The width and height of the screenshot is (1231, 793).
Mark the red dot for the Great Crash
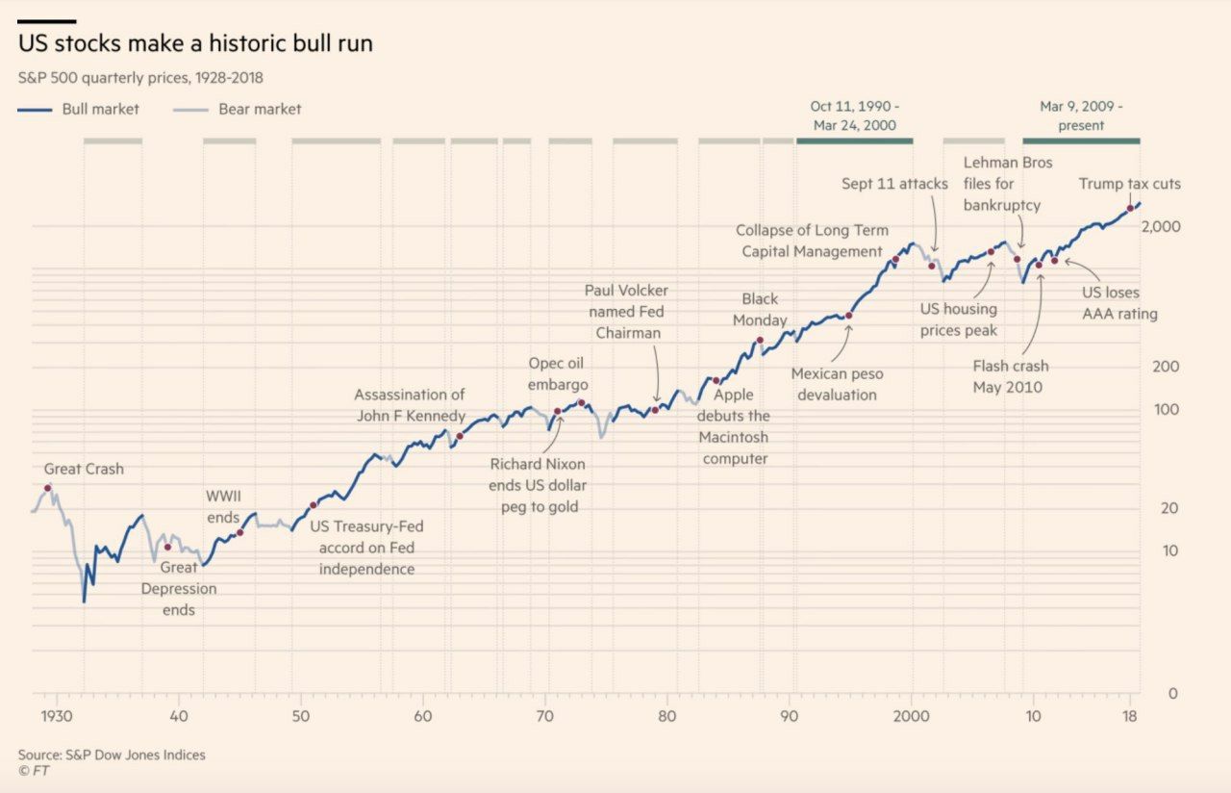[x=48, y=488]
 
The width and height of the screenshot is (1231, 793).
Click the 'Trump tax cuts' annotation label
[x=1129, y=184]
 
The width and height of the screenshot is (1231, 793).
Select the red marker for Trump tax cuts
[x=1130, y=209]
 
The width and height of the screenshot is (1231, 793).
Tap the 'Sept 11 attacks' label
[x=894, y=184]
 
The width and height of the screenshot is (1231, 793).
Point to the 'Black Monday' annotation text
[x=760, y=310]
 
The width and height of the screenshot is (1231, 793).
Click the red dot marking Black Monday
[x=760, y=341]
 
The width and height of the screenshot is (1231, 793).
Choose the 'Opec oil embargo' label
[x=557, y=374]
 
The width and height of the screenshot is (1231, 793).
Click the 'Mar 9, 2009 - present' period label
[x=1081, y=115]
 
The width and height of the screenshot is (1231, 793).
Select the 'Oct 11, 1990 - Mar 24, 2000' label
[x=854, y=115]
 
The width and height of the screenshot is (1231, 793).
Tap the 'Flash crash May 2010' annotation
[x=1010, y=376]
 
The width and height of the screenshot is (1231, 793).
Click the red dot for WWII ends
[x=239, y=532]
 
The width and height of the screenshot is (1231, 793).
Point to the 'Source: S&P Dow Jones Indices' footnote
[x=112, y=755]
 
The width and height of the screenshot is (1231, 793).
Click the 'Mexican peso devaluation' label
[x=837, y=384]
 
